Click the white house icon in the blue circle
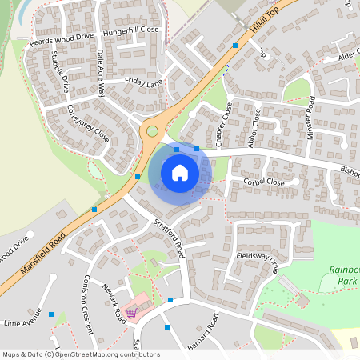click(x=180, y=173)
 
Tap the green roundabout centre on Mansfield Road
click(x=152, y=130)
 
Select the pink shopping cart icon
click(x=131, y=313)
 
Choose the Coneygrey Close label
click(x=88, y=123)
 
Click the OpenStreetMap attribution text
click(x=81, y=354)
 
